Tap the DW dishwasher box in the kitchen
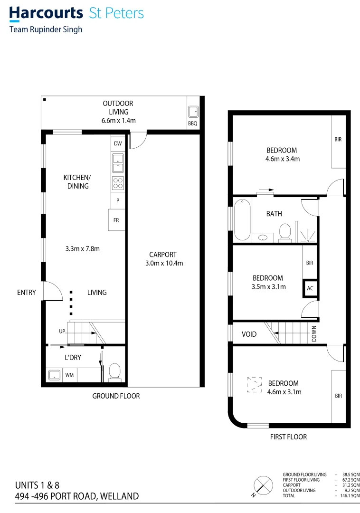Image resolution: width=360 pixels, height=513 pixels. (118, 143)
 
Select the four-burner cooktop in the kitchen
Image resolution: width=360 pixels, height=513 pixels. (118, 183)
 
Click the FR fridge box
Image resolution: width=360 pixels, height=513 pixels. (116, 220)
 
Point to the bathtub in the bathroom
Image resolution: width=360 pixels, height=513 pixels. (242, 220)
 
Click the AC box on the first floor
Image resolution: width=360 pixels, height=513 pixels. (310, 288)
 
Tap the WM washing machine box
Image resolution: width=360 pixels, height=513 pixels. (69, 375)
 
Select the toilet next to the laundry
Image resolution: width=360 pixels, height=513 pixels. (114, 372)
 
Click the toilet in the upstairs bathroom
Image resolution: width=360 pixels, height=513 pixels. (285, 232)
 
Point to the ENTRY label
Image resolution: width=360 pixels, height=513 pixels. (26, 293)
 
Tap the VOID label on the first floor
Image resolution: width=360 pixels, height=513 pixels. (249, 334)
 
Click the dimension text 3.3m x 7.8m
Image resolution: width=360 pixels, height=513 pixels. (82, 248)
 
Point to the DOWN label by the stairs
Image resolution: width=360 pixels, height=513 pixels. (314, 332)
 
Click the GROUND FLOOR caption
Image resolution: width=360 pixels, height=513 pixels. (116, 396)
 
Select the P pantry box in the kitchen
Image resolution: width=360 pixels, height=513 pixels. (118, 200)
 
